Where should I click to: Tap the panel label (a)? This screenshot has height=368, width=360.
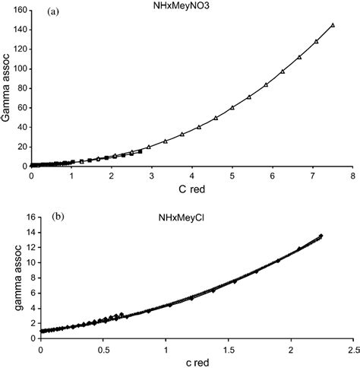click(x=55, y=13)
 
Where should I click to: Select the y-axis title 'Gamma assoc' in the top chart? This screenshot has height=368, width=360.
click(x=8, y=88)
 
